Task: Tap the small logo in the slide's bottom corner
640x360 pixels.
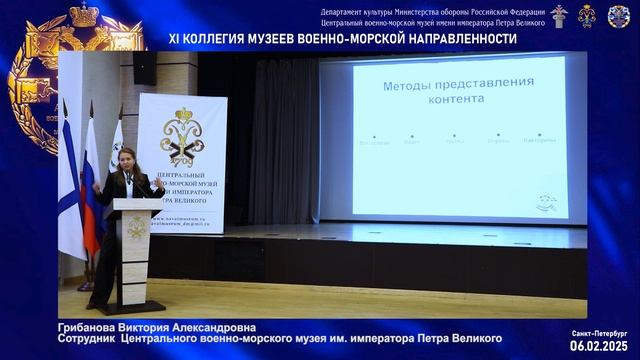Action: [x=545, y=202]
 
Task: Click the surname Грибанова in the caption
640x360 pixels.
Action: [x=91, y=327]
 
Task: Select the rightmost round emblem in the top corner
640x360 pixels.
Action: [x=618, y=15]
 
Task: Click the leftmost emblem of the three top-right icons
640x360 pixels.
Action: [x=559, y=15]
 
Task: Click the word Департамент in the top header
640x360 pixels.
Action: [x=343, y=10]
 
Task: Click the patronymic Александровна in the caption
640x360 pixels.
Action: [x=208, y=327]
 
